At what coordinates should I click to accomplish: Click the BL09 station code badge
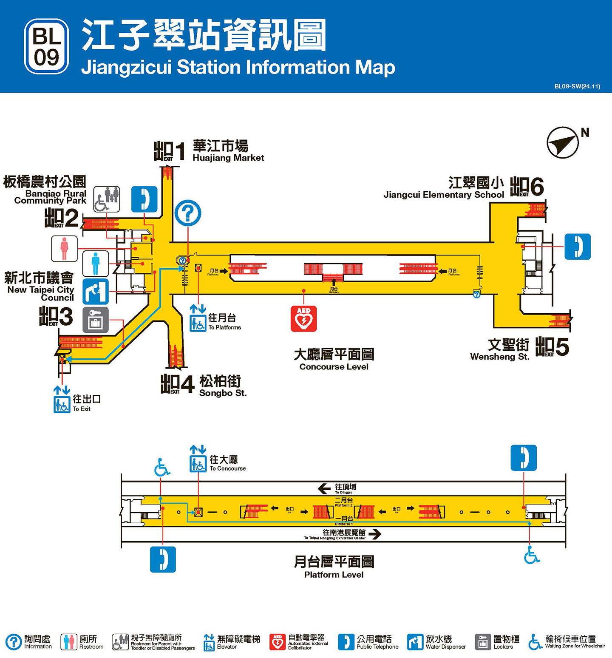coord(46,46)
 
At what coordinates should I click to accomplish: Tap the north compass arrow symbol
coord(563,142)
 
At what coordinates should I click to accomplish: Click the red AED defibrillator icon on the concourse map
coord(303,319)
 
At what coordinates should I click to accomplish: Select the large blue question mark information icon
coord(188,213)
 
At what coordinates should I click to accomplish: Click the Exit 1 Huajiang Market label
coord(228,151)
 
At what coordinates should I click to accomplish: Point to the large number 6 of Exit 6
coord(536,187)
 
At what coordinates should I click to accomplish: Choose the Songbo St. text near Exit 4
coord(223,393)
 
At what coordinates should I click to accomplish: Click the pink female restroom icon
coord(65,249)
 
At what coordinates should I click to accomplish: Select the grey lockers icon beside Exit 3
coord(96,320)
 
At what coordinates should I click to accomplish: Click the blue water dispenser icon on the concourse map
coord(96,291)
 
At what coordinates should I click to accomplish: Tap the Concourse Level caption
coord(334,367)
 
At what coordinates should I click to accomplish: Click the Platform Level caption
coord(334,575)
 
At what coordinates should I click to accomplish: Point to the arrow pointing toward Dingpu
coord(324,488)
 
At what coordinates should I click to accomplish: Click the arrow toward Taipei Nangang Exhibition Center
coord(374,534)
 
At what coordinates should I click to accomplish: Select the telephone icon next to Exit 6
coord(577,247)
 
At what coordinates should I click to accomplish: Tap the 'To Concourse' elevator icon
coord(198,464)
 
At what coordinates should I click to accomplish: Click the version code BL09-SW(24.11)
coord(577,86)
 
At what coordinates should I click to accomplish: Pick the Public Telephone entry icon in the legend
coord(346,642)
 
